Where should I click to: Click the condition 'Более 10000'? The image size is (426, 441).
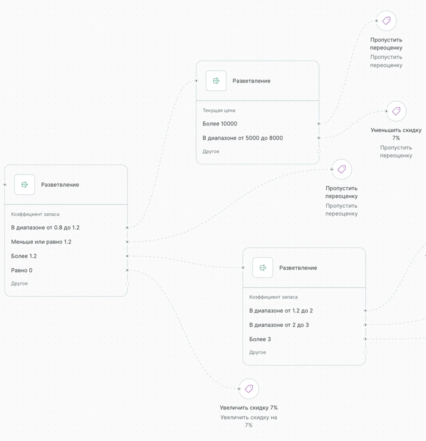220,124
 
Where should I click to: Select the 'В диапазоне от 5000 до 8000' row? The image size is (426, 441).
243,138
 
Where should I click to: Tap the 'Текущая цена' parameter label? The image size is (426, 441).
219,110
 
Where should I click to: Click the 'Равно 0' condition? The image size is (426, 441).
22,270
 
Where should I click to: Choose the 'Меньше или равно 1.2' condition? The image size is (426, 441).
41,242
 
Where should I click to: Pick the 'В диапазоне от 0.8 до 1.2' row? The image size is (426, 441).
45,228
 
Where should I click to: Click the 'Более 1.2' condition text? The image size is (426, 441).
24,256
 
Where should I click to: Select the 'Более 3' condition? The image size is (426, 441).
260,339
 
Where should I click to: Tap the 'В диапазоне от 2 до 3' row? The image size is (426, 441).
279,325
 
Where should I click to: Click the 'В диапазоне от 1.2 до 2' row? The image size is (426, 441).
281,310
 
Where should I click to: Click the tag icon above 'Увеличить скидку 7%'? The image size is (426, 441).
249,389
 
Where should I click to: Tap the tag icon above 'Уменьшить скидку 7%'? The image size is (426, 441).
396,111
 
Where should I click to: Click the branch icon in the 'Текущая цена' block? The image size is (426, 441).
216,81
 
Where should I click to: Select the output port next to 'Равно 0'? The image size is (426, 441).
127,270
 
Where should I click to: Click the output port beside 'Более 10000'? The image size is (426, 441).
319,124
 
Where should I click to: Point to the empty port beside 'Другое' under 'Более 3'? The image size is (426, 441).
365,352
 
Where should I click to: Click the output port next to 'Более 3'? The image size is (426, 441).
365,339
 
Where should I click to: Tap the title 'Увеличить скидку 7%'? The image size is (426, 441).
249,408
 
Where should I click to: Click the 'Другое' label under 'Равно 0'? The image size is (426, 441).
19,284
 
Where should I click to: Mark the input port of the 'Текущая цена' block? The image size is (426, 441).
196,81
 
